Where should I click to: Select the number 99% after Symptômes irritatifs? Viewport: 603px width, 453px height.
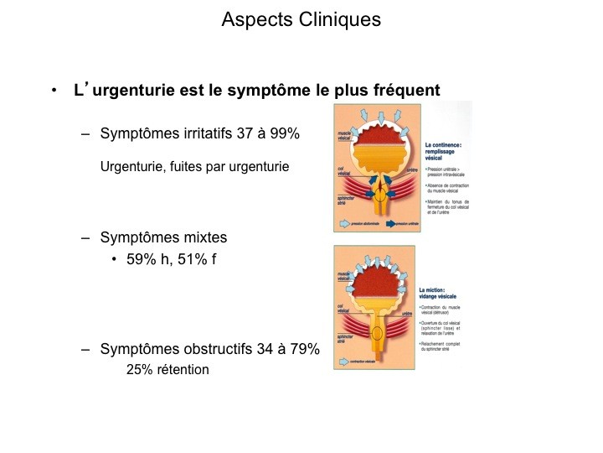click(x=281, y=133)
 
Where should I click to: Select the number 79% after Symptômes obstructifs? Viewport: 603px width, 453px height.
click(x=302, y=350)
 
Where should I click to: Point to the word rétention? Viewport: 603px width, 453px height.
click(x=181, y=369)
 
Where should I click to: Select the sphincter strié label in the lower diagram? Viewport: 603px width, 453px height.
click(x=343, y=340)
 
